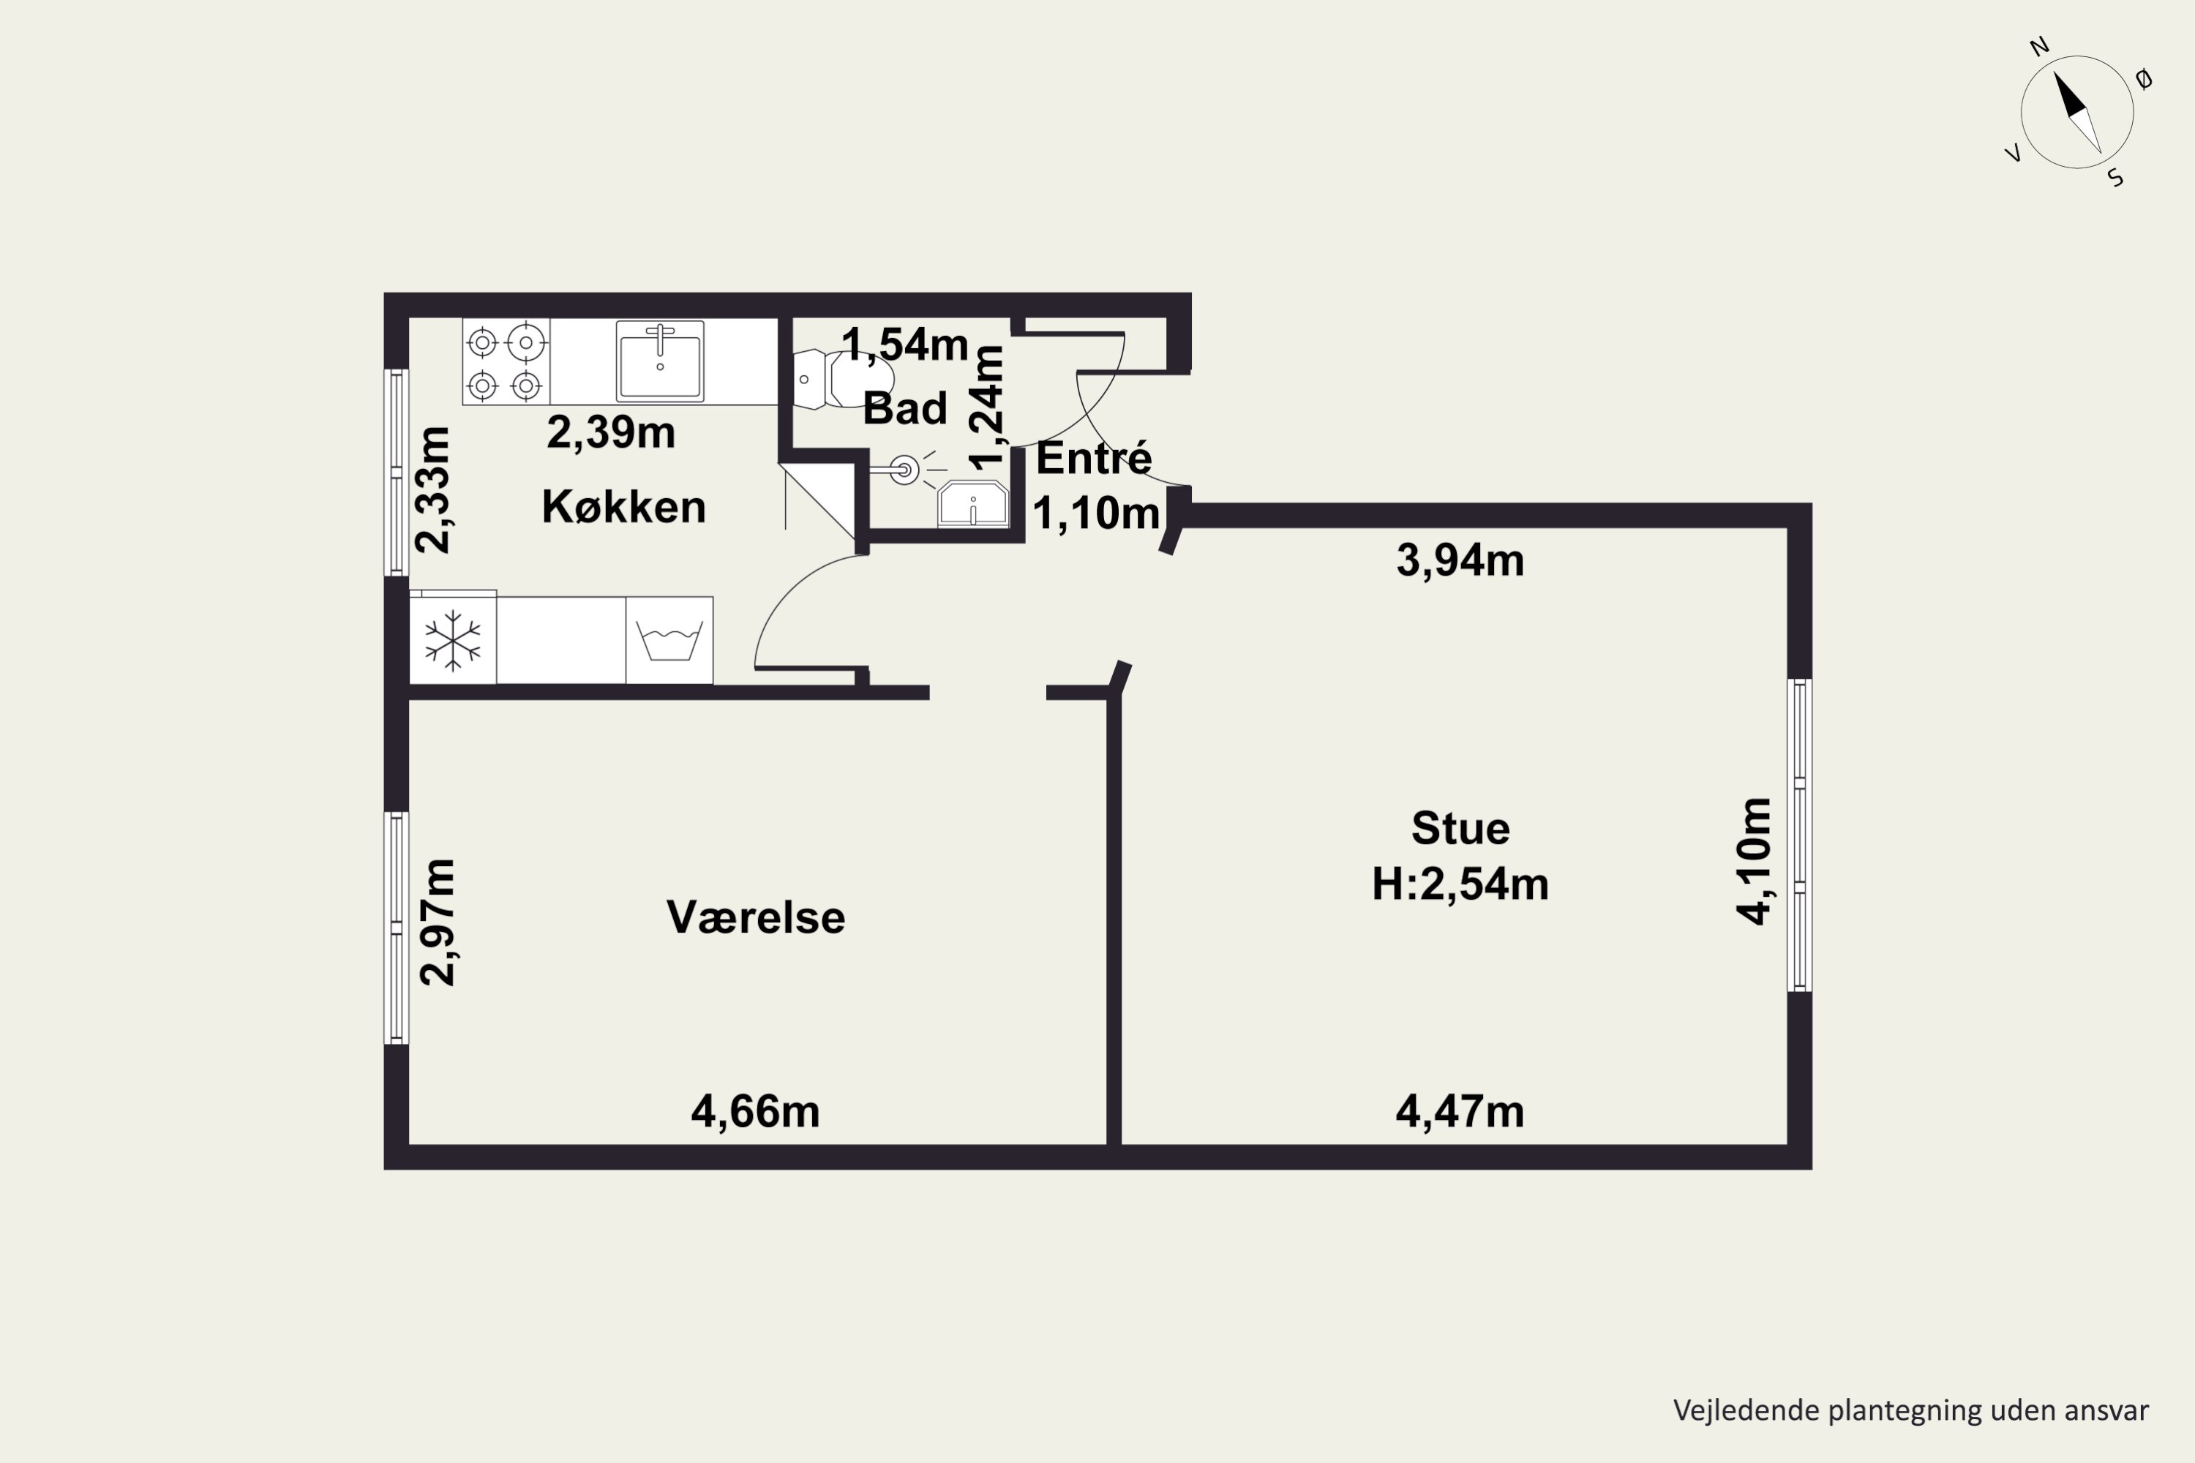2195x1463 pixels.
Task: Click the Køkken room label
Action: pyautogui.click(x=623, y=507)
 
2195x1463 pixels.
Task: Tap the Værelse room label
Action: pyautogui.click(x=756, y=917)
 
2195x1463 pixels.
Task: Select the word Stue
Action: pyautogui.click(x=1460, y=829)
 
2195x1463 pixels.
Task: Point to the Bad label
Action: pyautogui.click(x=904, y=409)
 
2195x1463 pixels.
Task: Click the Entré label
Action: pyautogui.click(x=1094, y=457)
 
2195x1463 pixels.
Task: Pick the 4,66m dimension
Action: pyautogui.click(x=755, y=1111)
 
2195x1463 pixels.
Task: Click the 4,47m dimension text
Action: pyautogui.click(x=1460, y=1111)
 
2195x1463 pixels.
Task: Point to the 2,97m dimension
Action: pyautogui.click(x=437, y=922)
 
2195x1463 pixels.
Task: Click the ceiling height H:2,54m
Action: pyautogui.click(x=1460, y=884)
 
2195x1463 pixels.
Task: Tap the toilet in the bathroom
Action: pyautogui.click(x=844, y=380)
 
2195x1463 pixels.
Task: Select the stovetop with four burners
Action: pyautogui.click(x=506, y=362)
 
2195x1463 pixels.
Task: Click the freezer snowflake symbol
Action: pyautogui.click(x=453, y=641)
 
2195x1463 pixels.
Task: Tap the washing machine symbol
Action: pyautogui.click(x=669, y=640)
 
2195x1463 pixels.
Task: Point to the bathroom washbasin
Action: pyautogui.click(x=973, y=504)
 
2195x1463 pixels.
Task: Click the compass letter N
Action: pyautogui.click(x=2040, y=47)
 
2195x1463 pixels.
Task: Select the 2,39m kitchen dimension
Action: pyautogui.click(x=610, y=432)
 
